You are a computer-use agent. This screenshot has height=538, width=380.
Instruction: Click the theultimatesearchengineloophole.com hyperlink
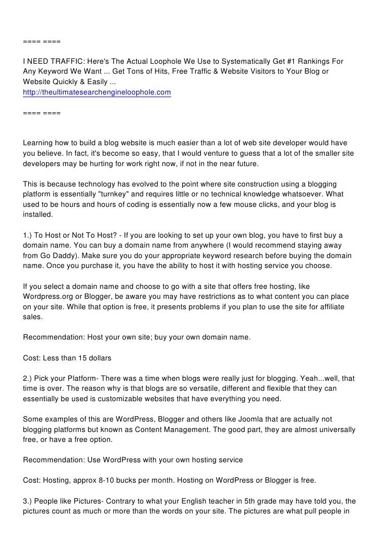[x=97, y=93]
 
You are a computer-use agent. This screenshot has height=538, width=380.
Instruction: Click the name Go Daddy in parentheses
[x=57, y=255]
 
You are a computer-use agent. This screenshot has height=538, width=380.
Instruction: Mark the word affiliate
[x=329, y=307]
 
